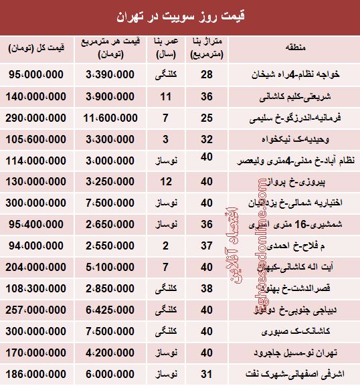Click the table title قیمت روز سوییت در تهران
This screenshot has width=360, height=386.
pyautogui.click(x=180, y=13)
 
